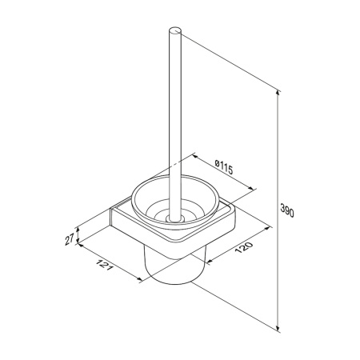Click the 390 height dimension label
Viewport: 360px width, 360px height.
click(x=287, y=210)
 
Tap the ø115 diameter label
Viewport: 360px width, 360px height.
click(x=224, y=167)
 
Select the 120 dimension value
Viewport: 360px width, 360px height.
click(x=243, y=247)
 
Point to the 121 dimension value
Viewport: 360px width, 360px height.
click(x=104, y=265)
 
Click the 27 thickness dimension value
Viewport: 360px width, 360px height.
click(x=70, y=239)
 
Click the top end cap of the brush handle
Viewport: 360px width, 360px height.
click(x=175, y=31)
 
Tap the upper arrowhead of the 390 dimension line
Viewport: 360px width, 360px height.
click(x=278, y=93)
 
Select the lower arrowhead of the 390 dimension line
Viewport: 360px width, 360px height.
click(x=278, y=330)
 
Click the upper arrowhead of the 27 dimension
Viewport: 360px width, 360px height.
click(x=78, y=230)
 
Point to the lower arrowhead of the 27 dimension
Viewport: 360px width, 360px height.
click(x=78, y=241)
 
